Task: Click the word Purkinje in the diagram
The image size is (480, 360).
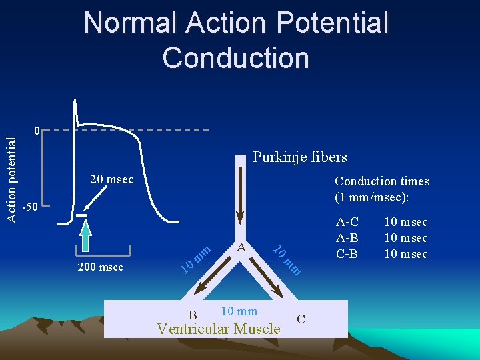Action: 277,157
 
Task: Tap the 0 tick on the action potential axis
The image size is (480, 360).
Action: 38,129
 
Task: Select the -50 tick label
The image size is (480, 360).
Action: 29,207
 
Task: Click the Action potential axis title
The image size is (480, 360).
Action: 11,176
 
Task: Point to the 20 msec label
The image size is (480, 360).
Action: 111,179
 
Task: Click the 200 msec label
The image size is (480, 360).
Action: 101,267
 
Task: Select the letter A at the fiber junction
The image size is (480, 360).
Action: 241,247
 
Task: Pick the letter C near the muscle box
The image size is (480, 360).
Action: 301,319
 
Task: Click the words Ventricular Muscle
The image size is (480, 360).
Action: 218,329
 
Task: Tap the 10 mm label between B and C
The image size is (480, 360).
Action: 238,311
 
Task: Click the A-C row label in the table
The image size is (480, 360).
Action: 347,222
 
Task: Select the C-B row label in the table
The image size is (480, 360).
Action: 347,254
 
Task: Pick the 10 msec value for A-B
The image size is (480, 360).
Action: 405,238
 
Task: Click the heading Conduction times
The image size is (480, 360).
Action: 381,181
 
